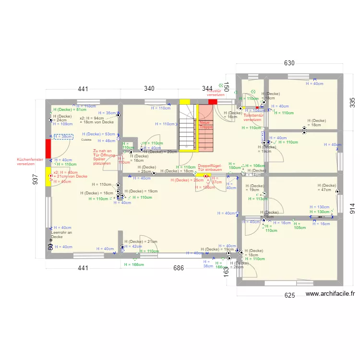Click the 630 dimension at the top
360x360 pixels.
(x=289, y=63)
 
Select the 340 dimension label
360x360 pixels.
(x=149, y=89)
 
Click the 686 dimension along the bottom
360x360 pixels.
(x=179, y=268)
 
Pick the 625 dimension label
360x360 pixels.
(x=289, y=295)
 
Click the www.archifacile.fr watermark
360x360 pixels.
(x=329, y=294)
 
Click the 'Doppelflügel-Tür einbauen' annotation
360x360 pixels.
(x=210, y=167)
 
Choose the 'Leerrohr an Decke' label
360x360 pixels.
(x=61, y=234)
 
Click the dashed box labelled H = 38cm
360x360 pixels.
(x=63, y=137)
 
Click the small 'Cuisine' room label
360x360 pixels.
(x=86, y=140)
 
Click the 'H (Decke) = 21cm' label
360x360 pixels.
(x=141, y=241)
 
